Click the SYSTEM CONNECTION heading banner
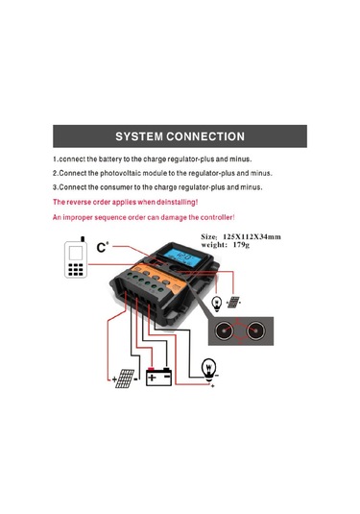coord(180,136)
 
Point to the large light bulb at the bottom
coord(209,367)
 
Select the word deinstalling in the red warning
coord(172,203)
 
